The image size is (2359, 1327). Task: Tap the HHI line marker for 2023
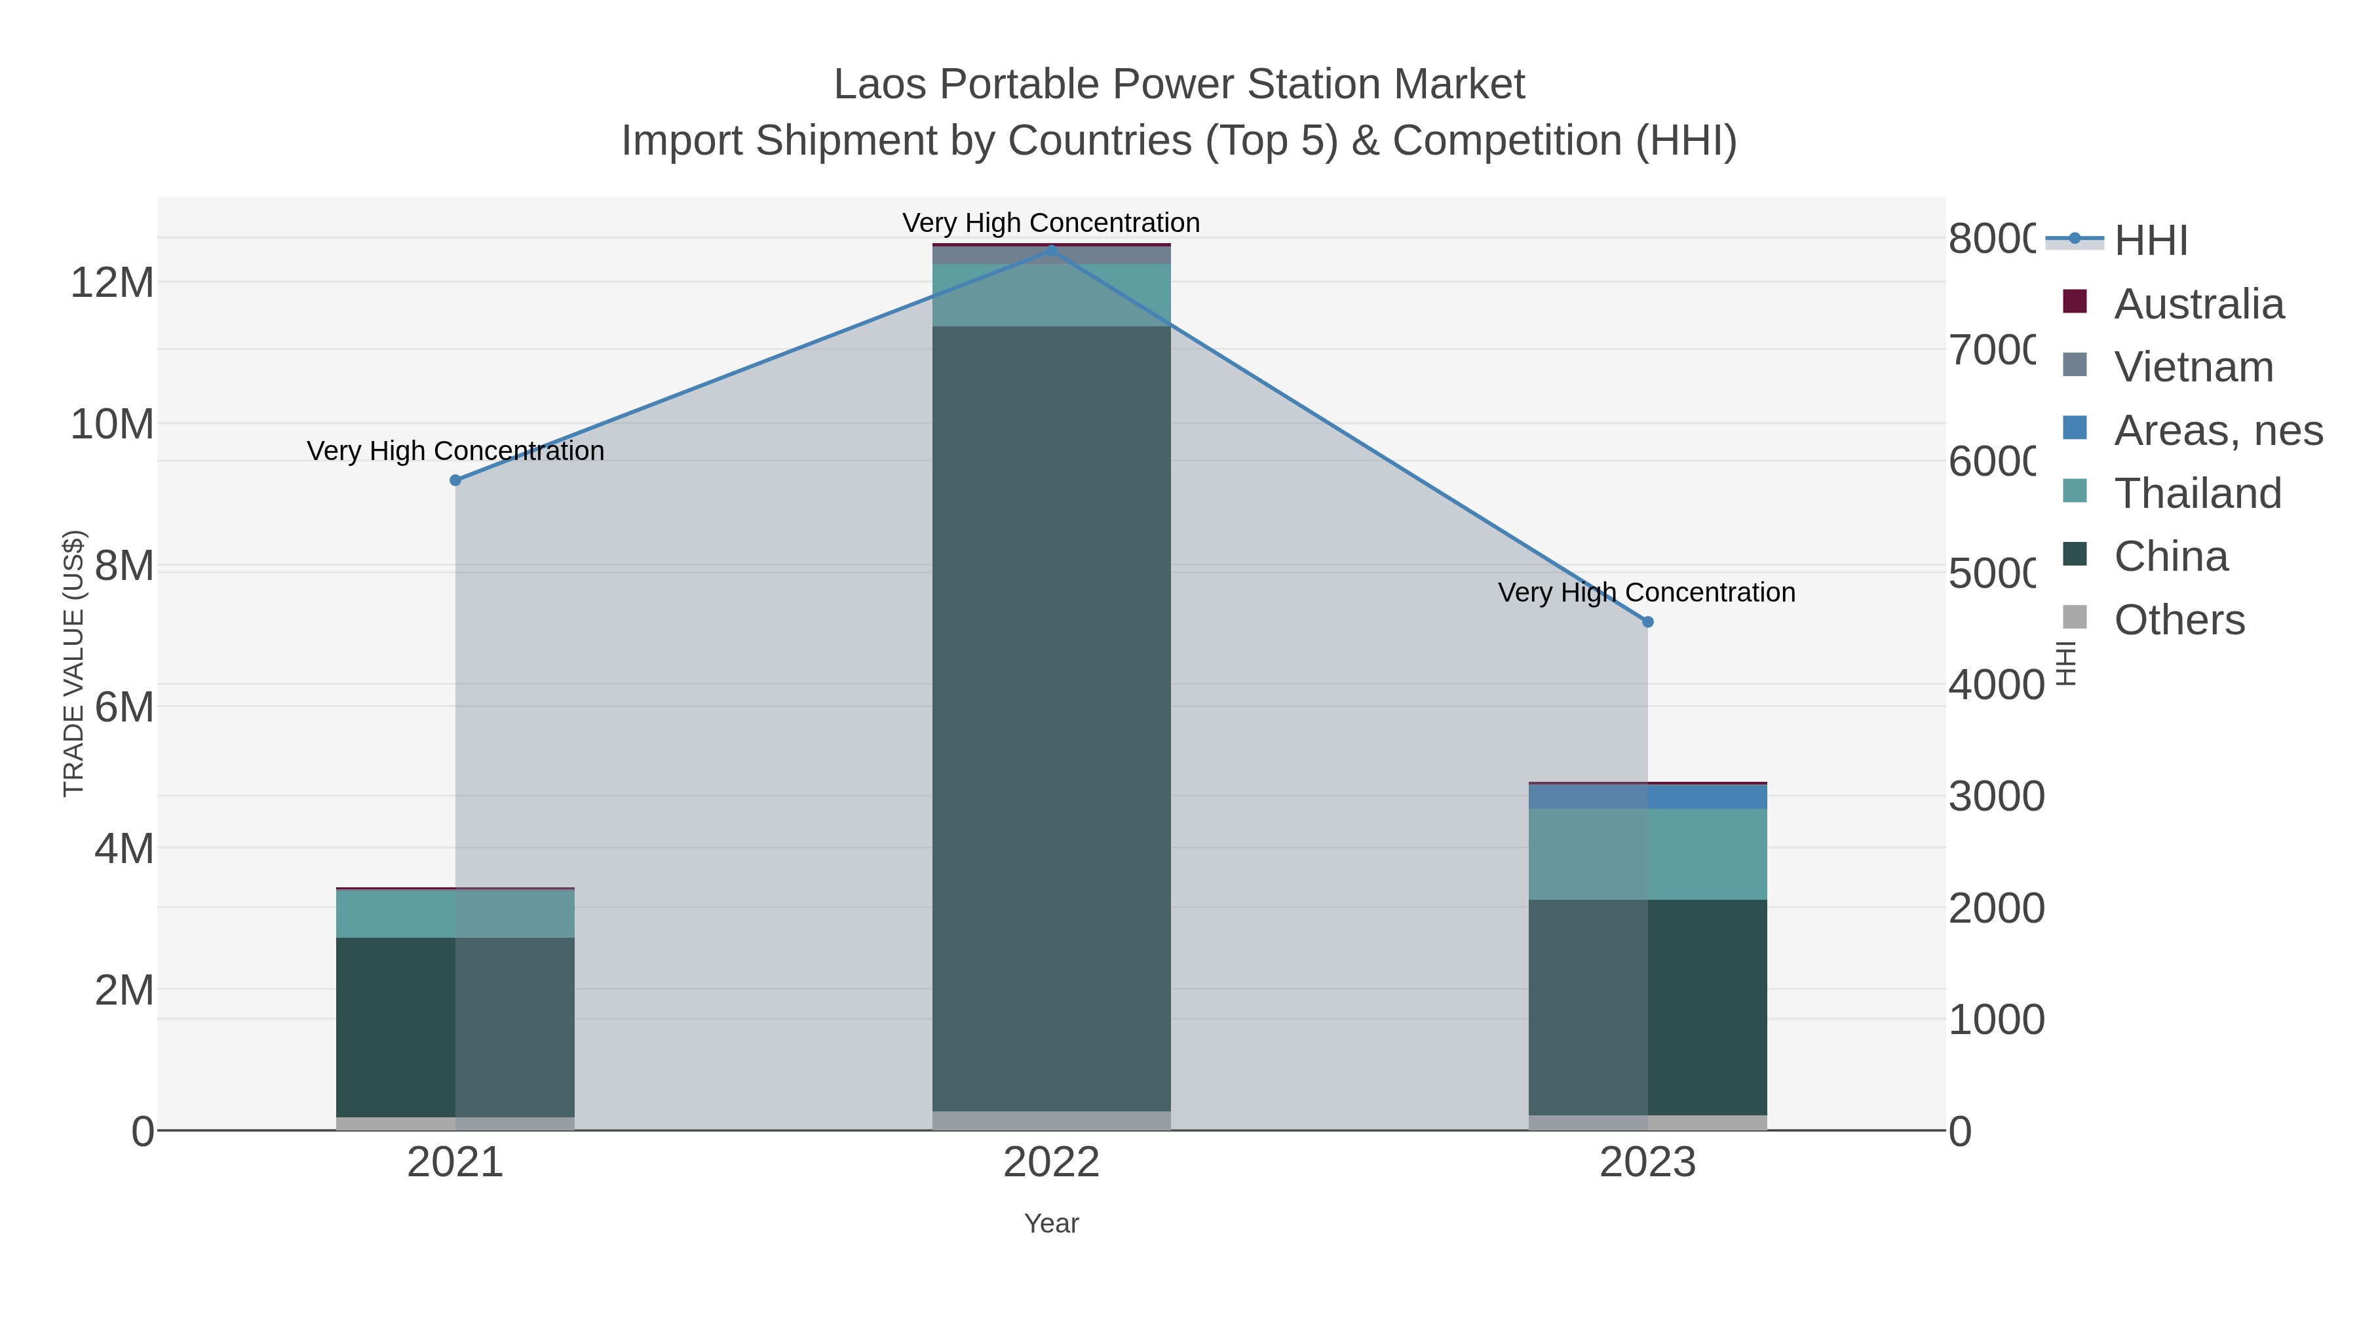[1647, 622]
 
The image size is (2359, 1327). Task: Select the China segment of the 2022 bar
[1051, 718]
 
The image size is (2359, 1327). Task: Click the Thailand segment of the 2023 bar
[1647, 853]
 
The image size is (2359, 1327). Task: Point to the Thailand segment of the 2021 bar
[455, 914]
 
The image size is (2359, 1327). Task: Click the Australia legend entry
[2198, 304]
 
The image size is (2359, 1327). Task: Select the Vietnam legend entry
[2193, 367]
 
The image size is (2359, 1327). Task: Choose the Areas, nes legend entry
[2217, 431]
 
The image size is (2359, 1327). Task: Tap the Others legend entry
[2179, 620]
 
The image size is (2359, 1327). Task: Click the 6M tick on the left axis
[125, 707]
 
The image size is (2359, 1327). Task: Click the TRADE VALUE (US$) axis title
[73, 663]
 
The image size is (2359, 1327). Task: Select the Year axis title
[1051, 1223]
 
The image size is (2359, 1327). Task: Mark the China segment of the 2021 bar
[455, 1027]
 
